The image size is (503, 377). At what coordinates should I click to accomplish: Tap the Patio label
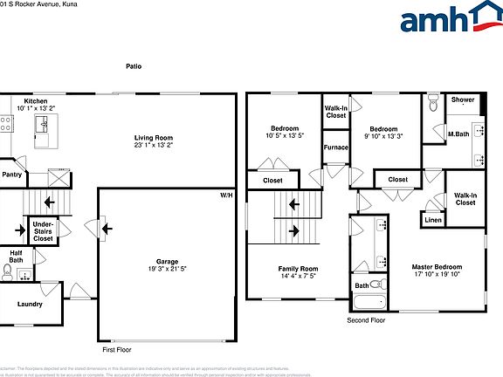[x=134, y=66]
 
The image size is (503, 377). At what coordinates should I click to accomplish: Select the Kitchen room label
[x=36, y=101]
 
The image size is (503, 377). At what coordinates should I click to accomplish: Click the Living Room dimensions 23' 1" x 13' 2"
[x=153, y=146]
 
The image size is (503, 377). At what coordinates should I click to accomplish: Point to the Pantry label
[x=12, y=175]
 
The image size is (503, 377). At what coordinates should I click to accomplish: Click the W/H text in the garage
[x=226, y=195]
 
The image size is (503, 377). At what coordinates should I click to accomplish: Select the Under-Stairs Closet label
[x=43, y=231]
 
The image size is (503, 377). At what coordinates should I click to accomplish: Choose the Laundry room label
[x=29, y=304]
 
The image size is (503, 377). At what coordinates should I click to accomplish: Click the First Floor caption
[x=118, y=348]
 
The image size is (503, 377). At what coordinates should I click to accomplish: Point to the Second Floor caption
[x=366, y=320]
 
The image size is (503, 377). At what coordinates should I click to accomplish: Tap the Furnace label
[x=336, y=147]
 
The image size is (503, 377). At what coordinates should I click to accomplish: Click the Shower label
[x=463, y=99]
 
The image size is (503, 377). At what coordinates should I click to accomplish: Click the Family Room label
[x=298, y=268]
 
